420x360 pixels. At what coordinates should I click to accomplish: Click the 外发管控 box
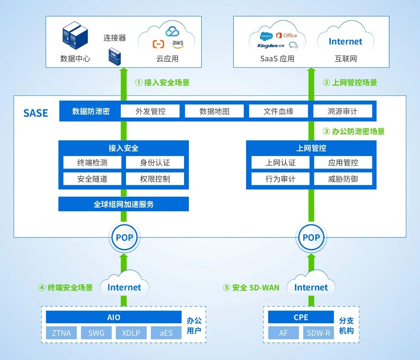tap(150, 111)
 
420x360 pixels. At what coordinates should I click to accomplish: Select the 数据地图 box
tap(214, 111)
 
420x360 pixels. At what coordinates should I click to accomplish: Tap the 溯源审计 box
tap(343, 111)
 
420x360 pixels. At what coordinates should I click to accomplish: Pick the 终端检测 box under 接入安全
tap(92, 163)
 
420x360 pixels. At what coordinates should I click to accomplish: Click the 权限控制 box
tap(155, 179)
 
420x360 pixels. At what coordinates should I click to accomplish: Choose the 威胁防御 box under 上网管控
tap(343, 179)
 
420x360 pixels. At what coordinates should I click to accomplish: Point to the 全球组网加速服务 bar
tap(124, 204)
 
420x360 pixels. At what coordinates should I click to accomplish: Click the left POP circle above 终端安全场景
tap(124, 237)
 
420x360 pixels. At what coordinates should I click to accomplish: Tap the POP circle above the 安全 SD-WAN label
tap(311, 237)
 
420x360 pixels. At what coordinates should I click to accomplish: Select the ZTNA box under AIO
tap(61, 333)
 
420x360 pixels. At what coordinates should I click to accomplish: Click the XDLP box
tap(131, 333)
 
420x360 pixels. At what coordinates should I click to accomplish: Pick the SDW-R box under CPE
tap(318, 333)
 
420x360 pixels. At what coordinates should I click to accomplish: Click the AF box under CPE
tap(283, 333)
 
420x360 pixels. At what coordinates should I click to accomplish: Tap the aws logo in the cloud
tap(178, 44)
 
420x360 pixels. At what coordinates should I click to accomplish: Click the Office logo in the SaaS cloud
tap(287, 35)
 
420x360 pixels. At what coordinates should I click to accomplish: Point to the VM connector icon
tap(115, 56)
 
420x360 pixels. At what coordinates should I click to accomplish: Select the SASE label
tap(36, 113)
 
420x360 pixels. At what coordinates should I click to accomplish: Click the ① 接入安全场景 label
tap(162, 83)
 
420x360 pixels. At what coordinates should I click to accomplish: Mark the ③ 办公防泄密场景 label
tap(354, 131)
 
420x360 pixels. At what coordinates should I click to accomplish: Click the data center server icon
tap(75, 35)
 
